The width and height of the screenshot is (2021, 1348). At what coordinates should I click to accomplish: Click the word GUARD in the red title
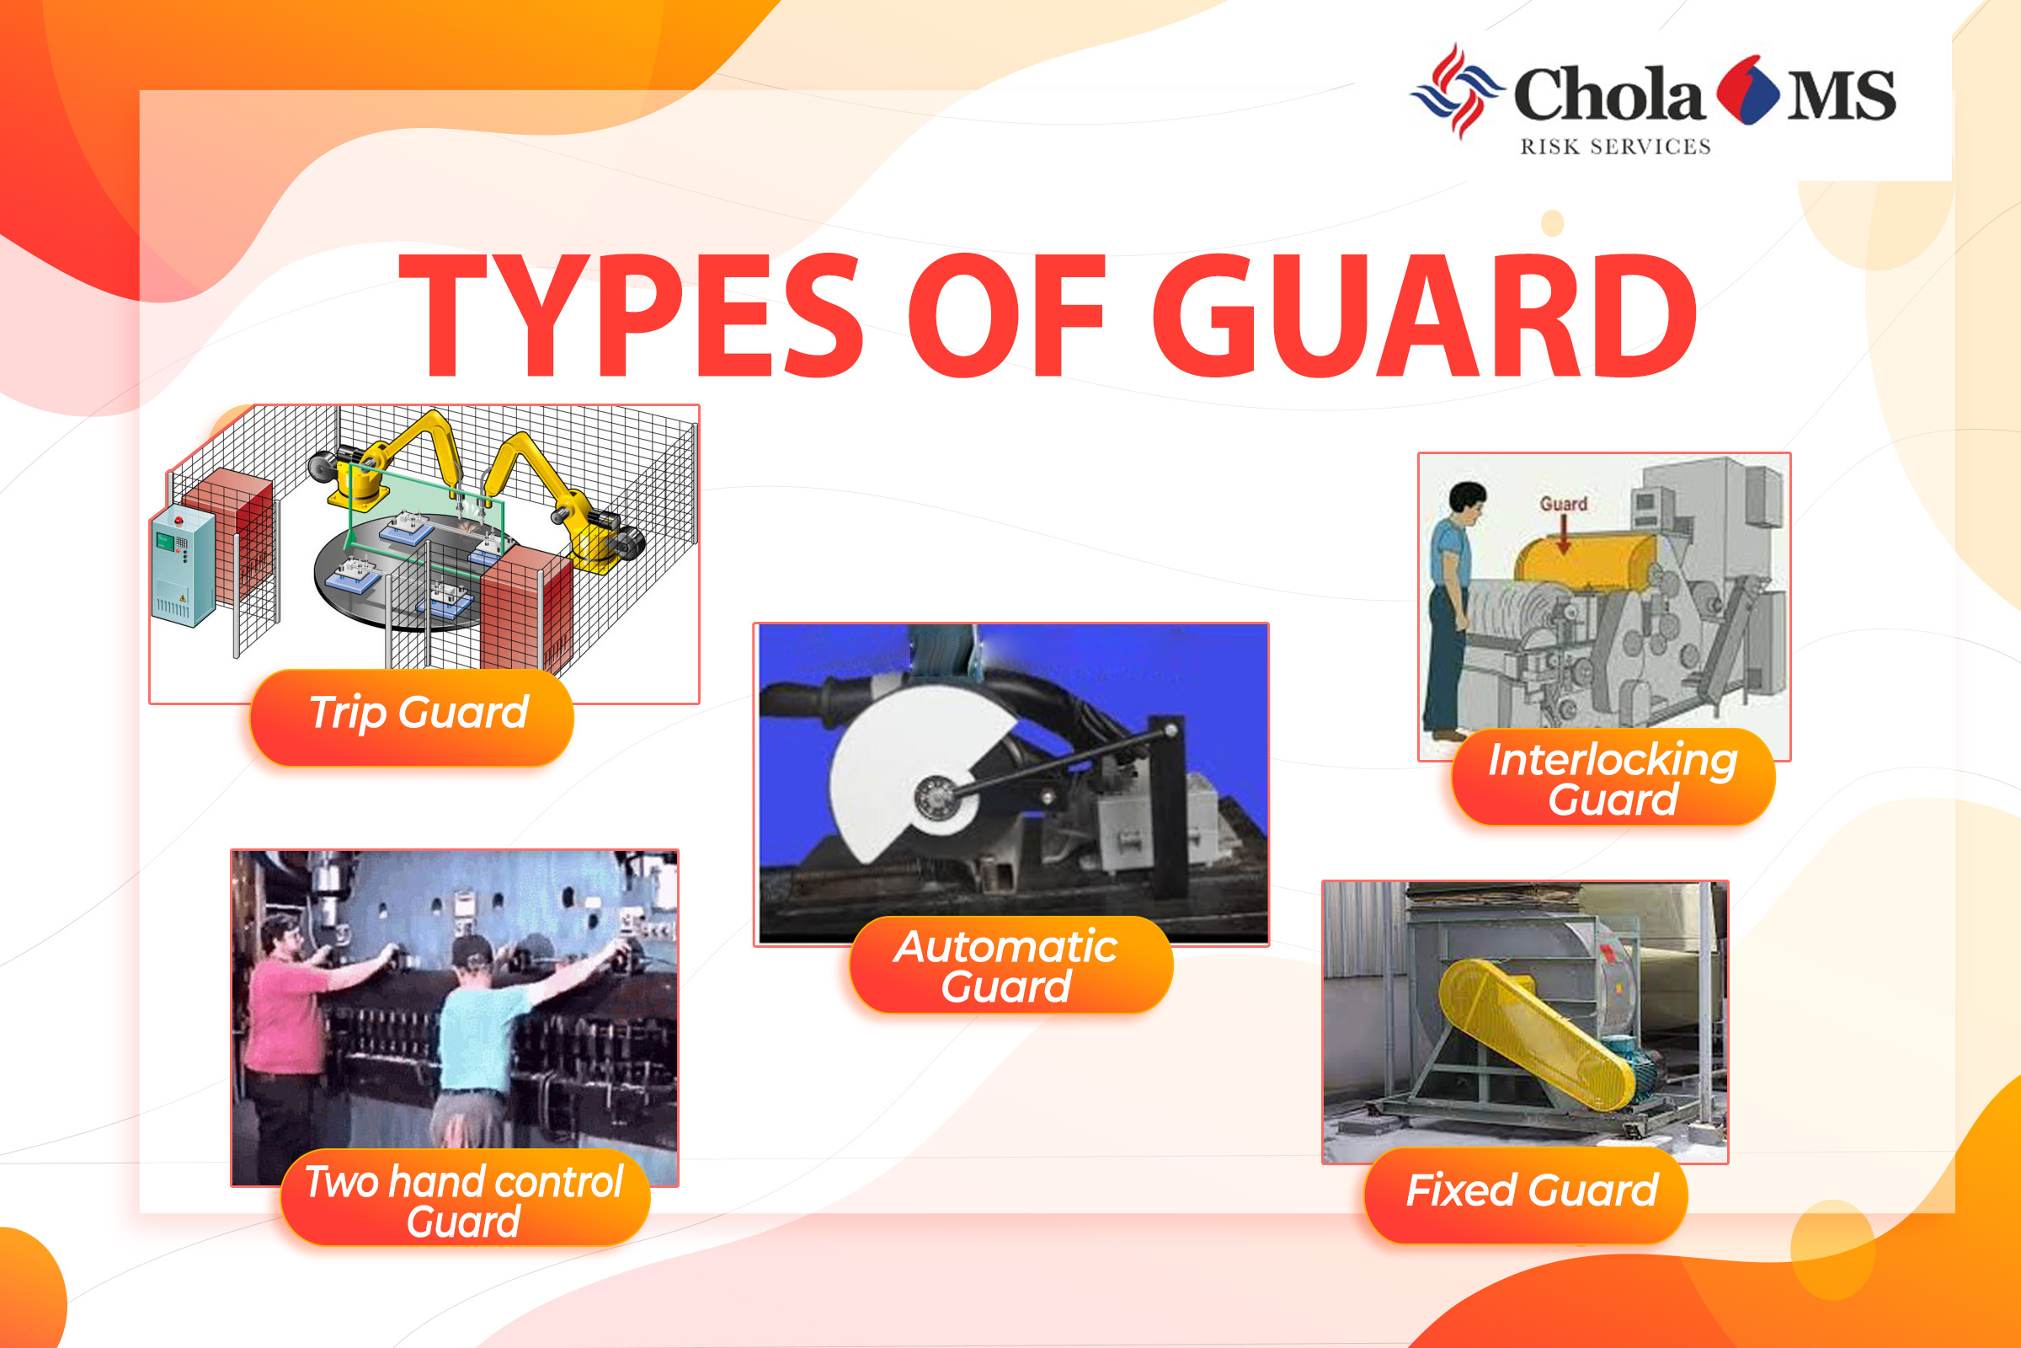pyautogui.click(x=1424, y=314)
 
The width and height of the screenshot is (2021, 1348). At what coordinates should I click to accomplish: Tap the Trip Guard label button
pyautogui.click(x=412, y=717)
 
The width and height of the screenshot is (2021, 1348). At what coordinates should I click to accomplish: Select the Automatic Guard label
pyautogui.click(x=1010, y=965)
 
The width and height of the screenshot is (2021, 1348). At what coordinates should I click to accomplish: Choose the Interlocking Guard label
pyautogui.click(x=1613, y=777)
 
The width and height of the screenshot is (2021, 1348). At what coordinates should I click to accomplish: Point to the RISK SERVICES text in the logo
pyautogui.click(x=1615, y=147)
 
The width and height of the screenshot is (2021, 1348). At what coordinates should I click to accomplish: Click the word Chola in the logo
pyautogui.click(x=1608, y=94)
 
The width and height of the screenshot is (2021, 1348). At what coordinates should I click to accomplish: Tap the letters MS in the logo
pyautogui.click(x=1842, y=95)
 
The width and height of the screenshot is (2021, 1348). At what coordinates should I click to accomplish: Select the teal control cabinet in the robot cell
pyautogui.click(x=183, y=567)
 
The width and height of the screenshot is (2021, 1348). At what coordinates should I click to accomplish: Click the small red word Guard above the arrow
pyautogui.click(x=1563, y=504)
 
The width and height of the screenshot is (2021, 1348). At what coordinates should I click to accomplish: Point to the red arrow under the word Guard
pyautogui.click(x=1564, y=535)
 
